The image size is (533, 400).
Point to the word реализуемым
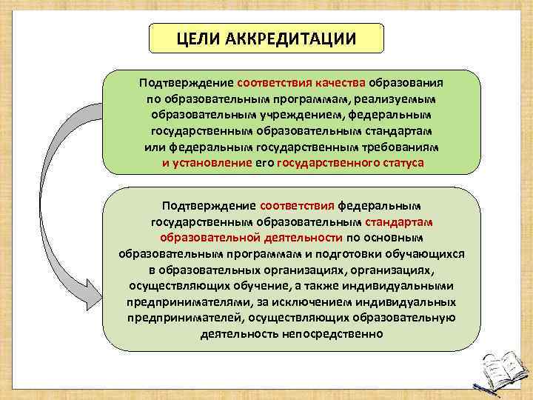[x=395, y=99]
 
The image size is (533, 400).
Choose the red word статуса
[x=399, y=163]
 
